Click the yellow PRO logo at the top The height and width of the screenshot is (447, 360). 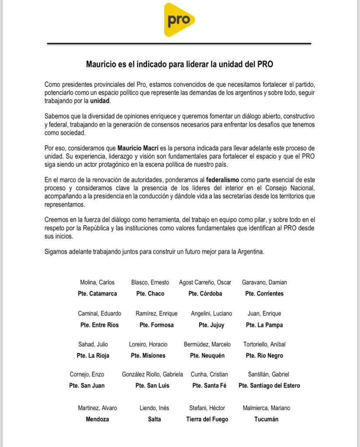[179, 20]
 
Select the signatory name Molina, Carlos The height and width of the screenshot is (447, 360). [97, 282]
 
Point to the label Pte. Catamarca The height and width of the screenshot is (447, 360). [97, 293]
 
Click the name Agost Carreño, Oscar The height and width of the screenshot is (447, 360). [205, 282]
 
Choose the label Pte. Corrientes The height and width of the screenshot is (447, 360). [264, 293]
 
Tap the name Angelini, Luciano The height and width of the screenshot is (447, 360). [212, 313]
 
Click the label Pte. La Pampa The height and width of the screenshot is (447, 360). [264, 325]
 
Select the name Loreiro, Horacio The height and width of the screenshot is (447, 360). [148, 344]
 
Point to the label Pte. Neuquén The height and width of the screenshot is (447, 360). [207, 355]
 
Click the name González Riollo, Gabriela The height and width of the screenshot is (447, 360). [153, 374]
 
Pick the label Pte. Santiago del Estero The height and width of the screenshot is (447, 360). [269, 385]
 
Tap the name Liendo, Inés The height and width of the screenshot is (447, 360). [154, 408]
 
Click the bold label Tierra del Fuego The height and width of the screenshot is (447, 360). [207, 419]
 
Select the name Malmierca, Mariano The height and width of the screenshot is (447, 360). [266, 408]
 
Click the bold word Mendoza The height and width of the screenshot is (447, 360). [97, 419]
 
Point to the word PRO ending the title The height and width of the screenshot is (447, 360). [265, 64]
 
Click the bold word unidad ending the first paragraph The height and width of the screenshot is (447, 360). [100, 101]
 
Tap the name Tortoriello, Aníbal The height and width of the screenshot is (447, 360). [264, 344]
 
